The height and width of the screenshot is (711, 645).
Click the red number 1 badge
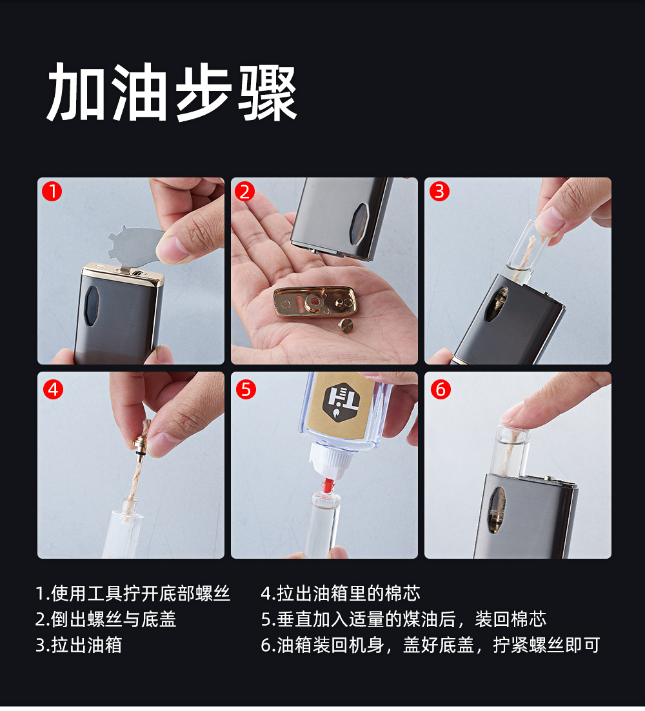coord(52,192)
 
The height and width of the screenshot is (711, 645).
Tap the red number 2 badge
coord(245,192)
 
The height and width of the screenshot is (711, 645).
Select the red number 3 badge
coord(439,192)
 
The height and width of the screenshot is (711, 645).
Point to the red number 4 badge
coord(53,390)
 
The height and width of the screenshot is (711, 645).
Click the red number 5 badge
coord(246,390)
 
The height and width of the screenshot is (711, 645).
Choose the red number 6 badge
coord(441,390)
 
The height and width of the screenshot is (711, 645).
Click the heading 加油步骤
coord(172,92)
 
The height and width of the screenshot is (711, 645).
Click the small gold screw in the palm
coord(347,326)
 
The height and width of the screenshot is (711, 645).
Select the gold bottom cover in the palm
coord(315,301)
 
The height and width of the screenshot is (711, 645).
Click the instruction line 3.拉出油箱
coord(79,645)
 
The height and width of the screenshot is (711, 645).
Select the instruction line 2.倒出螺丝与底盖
coord(106,619)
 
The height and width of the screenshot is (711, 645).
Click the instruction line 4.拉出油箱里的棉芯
coord(341,593)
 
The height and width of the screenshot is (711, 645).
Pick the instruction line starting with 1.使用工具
coord(133,593)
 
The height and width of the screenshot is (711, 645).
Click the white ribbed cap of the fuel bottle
coord(332,460)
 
